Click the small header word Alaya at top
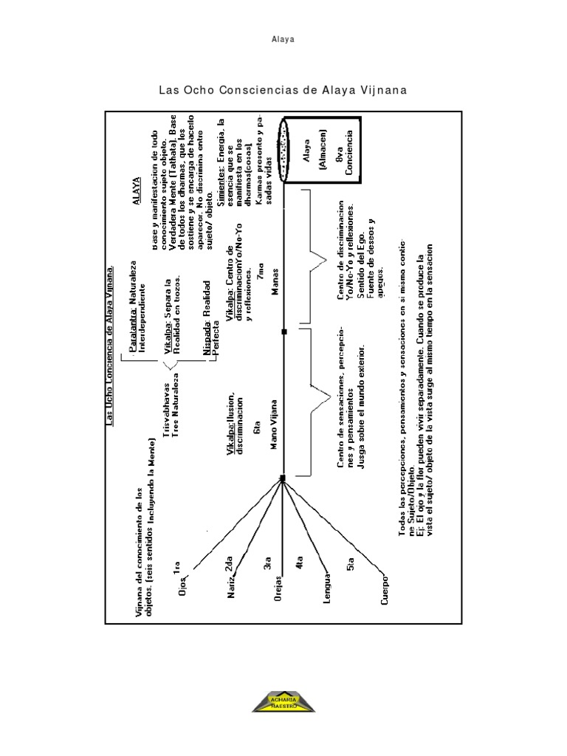point(283,39)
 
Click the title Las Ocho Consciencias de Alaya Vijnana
point(283,90)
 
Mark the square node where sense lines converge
point(283,479)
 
